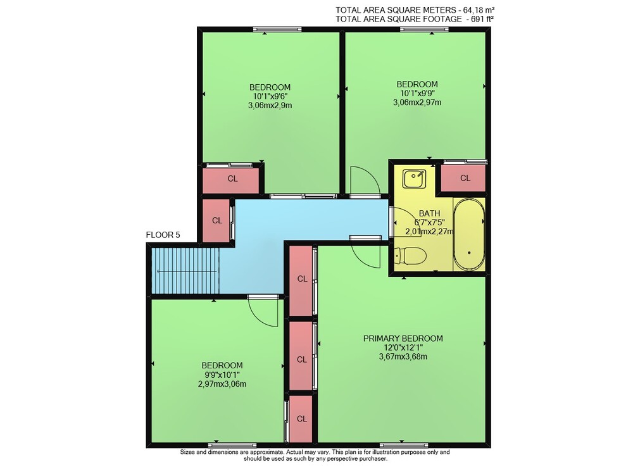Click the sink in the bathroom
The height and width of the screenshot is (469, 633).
coord(414,178)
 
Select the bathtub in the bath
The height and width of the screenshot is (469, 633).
coord(468,234)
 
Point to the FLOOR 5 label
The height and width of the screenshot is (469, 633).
coord(163,235)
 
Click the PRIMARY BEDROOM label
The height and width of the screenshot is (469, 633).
coord(403,338)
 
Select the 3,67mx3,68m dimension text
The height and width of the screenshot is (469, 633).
coord(403,356)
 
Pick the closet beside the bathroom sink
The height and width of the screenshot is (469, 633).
coord(463,178)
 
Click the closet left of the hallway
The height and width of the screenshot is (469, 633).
coord(216,220)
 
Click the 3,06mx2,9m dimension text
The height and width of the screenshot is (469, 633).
coord(270,105)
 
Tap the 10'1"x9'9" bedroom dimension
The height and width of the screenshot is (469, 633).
coord(417,93)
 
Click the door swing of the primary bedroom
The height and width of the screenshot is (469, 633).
coord(365,253)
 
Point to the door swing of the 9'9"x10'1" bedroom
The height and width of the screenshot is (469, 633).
coord(263,311)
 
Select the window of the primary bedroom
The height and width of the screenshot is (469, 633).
coord(401,445)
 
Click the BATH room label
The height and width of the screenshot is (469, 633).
coord(429,213)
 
